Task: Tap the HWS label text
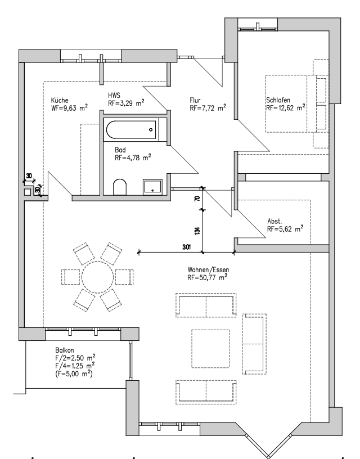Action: click(x=115, y=96)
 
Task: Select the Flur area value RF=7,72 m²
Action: click(x=208, y=107)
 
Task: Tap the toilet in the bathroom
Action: click(x=120, y=186)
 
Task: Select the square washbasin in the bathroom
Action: click(x=153, y=187)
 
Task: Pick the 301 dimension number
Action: click(x=187, y=246)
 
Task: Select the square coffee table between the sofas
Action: click(x=210, y=348)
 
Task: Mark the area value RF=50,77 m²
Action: click(x=208, y=278)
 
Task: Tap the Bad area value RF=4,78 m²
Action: click(x=133, y=159)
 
